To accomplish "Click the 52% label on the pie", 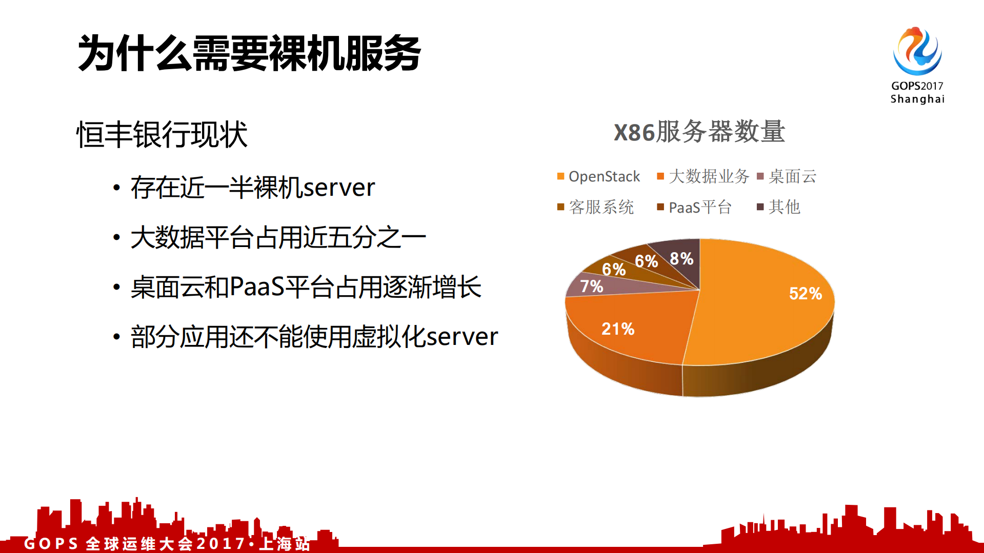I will point(805,294).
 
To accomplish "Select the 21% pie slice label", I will point(618,329).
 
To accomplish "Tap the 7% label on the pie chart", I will point(591,286).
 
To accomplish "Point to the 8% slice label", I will point(681,259).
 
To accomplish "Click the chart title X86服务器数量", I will point(699,132).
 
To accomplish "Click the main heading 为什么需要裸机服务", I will point(249,54).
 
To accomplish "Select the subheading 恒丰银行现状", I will point(162,135).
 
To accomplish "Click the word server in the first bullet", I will point(339,188).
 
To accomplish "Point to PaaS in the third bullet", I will point(257,287).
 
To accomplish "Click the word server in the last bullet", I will point(462,337).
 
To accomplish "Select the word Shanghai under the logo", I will point(917,99).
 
